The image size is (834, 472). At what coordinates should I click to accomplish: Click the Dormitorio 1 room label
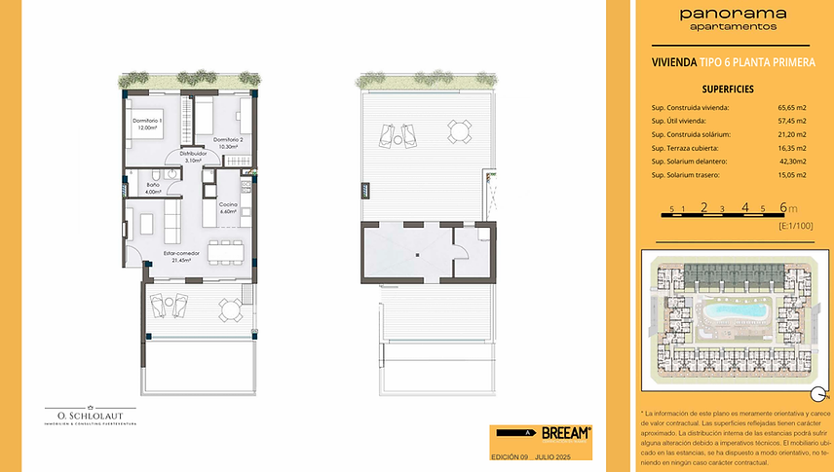pos(147,124)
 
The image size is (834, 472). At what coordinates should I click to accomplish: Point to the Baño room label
pos(153,187)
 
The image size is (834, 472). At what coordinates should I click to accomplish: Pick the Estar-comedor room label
pos(181,257)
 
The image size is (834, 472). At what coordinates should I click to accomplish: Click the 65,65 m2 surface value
pos(791,108)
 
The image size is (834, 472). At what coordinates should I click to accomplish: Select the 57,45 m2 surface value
pos(791,122)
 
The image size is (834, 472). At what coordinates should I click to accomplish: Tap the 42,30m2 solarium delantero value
pos(793,161)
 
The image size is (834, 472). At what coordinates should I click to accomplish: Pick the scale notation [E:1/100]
pos(797,225)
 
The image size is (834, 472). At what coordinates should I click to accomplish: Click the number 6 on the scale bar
pos(783,206)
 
